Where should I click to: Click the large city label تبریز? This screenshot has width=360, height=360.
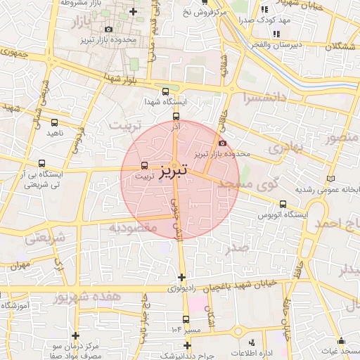pos(173,171)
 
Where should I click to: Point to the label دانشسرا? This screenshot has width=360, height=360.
pos(266,97)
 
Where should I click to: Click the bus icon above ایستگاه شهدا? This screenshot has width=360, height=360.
pos(165,91)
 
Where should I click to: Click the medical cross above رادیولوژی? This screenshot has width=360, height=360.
pos(182,278)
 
